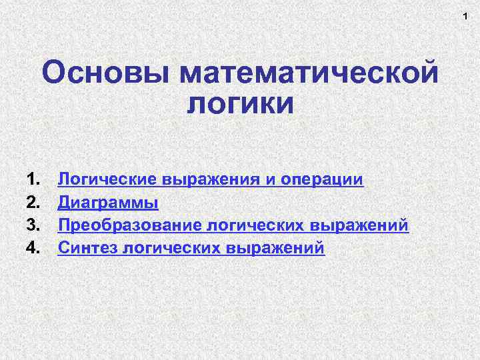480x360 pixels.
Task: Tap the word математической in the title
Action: click(x=309, y=73)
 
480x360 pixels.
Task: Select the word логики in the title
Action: click(x=240, y=105)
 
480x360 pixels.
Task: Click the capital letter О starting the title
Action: click(x=53, y=73)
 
